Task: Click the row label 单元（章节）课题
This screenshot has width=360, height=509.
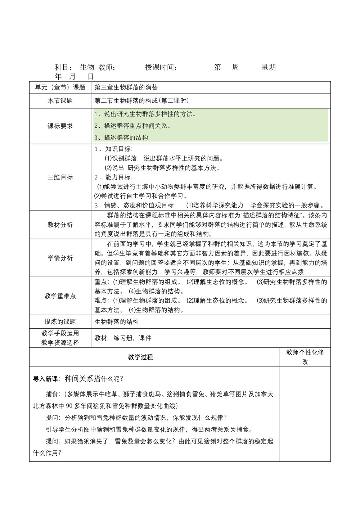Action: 60,87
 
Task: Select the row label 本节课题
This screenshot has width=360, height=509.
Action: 60,101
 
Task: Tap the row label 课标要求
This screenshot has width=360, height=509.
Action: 60,126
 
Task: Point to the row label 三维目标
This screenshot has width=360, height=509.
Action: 60,177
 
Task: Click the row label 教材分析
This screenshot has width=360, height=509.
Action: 60,225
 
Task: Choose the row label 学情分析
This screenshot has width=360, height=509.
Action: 60,258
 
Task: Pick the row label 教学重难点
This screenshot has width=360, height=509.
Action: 60,296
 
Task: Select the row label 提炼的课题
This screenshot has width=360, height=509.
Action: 60,321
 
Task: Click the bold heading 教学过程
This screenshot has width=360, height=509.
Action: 140,357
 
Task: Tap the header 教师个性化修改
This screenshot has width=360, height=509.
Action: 305,357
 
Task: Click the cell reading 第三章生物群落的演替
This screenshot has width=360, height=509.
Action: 126,87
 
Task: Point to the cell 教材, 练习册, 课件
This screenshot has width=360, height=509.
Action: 123,338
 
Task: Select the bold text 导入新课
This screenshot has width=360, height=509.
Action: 46,379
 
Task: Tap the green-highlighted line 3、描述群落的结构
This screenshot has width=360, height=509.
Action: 121,138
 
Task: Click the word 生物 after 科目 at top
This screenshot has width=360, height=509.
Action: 87,67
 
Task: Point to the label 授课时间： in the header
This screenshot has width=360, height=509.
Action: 161,67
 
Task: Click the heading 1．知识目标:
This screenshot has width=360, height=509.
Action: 113,149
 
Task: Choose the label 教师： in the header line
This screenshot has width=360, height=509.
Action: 107,67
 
